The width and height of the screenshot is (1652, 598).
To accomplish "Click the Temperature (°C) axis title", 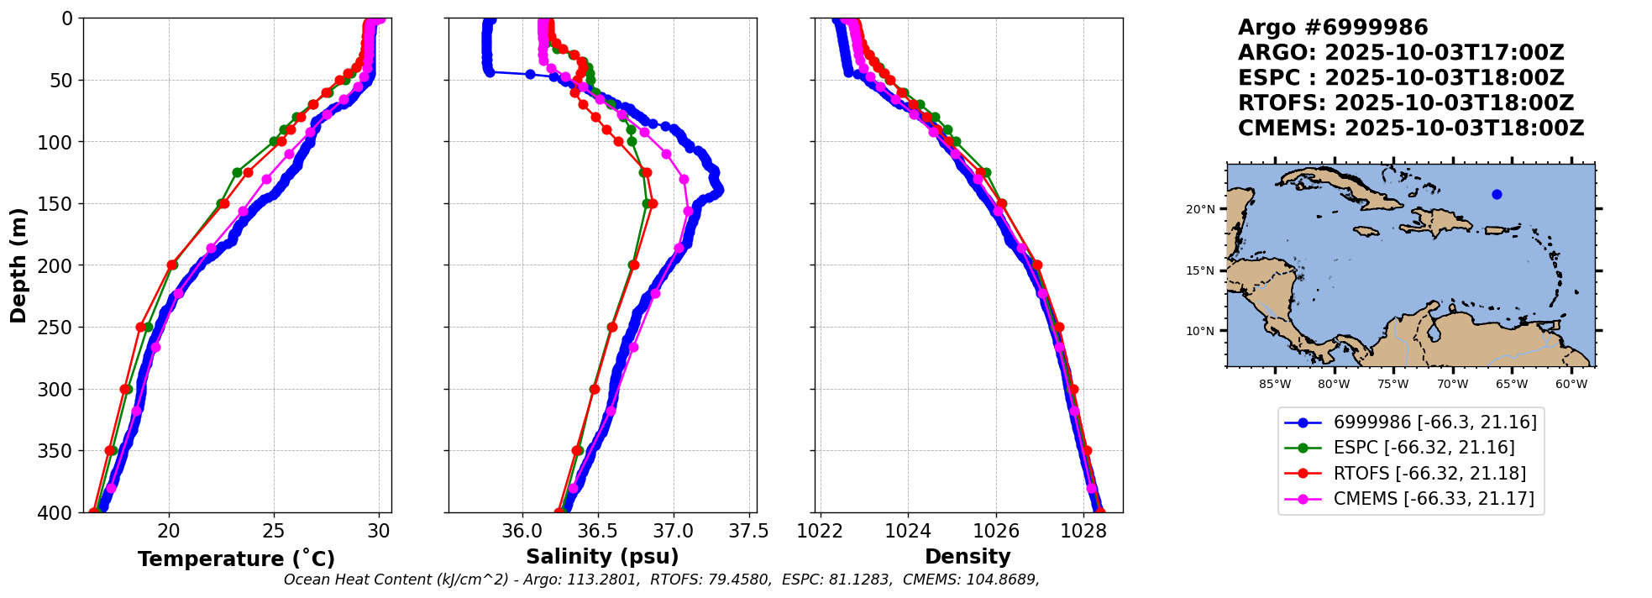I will pyautogui.click(x=236, y=559).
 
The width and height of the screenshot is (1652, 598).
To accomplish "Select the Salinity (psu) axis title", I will pyautogui.click(x=602, y=557).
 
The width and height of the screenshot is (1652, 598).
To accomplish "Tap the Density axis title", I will pyautogui.click(x=968, y=557).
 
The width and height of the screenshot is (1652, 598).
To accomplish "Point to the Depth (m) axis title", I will pyautogui.click(x=18, y=265).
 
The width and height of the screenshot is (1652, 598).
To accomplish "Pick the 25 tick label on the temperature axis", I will pyautogui.click(x=274, y=532).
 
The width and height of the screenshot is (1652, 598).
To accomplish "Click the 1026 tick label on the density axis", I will pyautogui.click(x=996, y=532).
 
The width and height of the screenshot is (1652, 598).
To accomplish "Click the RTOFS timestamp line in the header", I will pyautogui.click(x=1406, y=103).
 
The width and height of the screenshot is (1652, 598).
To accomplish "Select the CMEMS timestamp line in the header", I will pyautogui.click(x=1411, y=129).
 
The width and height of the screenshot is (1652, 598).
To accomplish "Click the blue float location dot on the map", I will pyautogui.click(x=1497, y=194).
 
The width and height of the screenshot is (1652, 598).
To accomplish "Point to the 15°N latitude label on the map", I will pyautogui.click(x=1200, y=270).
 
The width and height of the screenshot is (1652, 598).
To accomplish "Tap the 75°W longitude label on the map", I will pyautogui.click(x=1392, y=385).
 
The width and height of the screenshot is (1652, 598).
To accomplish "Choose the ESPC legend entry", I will pyautogui.click(x=1424, y=448).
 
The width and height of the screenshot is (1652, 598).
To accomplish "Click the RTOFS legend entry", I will pyautogui.click(x=1429, y=474).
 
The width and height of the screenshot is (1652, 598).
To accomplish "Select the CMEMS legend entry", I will pyautogui.click(x=1433, y=499).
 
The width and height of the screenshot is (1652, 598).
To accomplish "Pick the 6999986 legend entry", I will pyautogui.click(x=1434, y=422).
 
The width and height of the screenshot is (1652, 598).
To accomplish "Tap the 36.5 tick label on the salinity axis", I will pyautogui.click(x=597, y=532).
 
